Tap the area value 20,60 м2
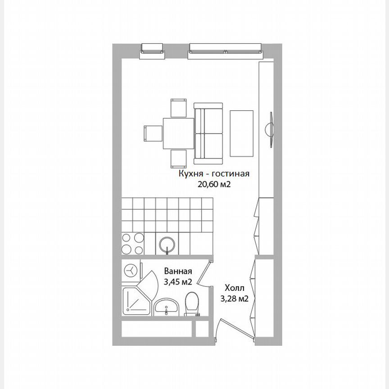click(214, 184)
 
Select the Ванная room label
click(178, 271)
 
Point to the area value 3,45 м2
click(178, 282)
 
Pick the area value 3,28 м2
click(235, 298)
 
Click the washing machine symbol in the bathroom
click(131, 270)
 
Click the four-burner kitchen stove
click(133, 244)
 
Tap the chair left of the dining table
click(153, 133)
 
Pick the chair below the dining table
click(178, 158)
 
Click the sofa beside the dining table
click(208, 133)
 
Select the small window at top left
click(152, 49)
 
